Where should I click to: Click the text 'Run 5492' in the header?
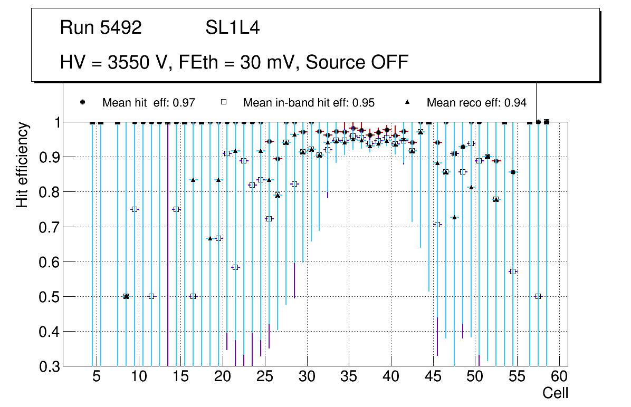pyautogui.click(x=101, y=28)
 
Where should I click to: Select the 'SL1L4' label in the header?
pyautogui.click(x=232, y=28)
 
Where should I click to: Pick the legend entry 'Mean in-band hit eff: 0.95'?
pyautogui.click(x=309, y=103)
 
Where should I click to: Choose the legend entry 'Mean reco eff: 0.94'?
pyautogui.click(x=476, y=103)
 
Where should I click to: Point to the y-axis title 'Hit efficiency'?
pyautogui.click(x=22, y=164)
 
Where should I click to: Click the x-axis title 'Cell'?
pyautogui.click(x=555, y=393)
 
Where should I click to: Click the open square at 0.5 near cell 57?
pyautogui.click(x=538, y=296)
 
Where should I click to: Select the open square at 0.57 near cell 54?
pyautogui.click(x=513, y=272)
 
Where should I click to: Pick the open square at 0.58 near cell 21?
pyautogui.click(x=235, y=267)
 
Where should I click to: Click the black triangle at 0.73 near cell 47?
pyautogui.click(x=454, y=217)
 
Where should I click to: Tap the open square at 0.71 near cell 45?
pyautogui.click(x=437, y=225)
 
